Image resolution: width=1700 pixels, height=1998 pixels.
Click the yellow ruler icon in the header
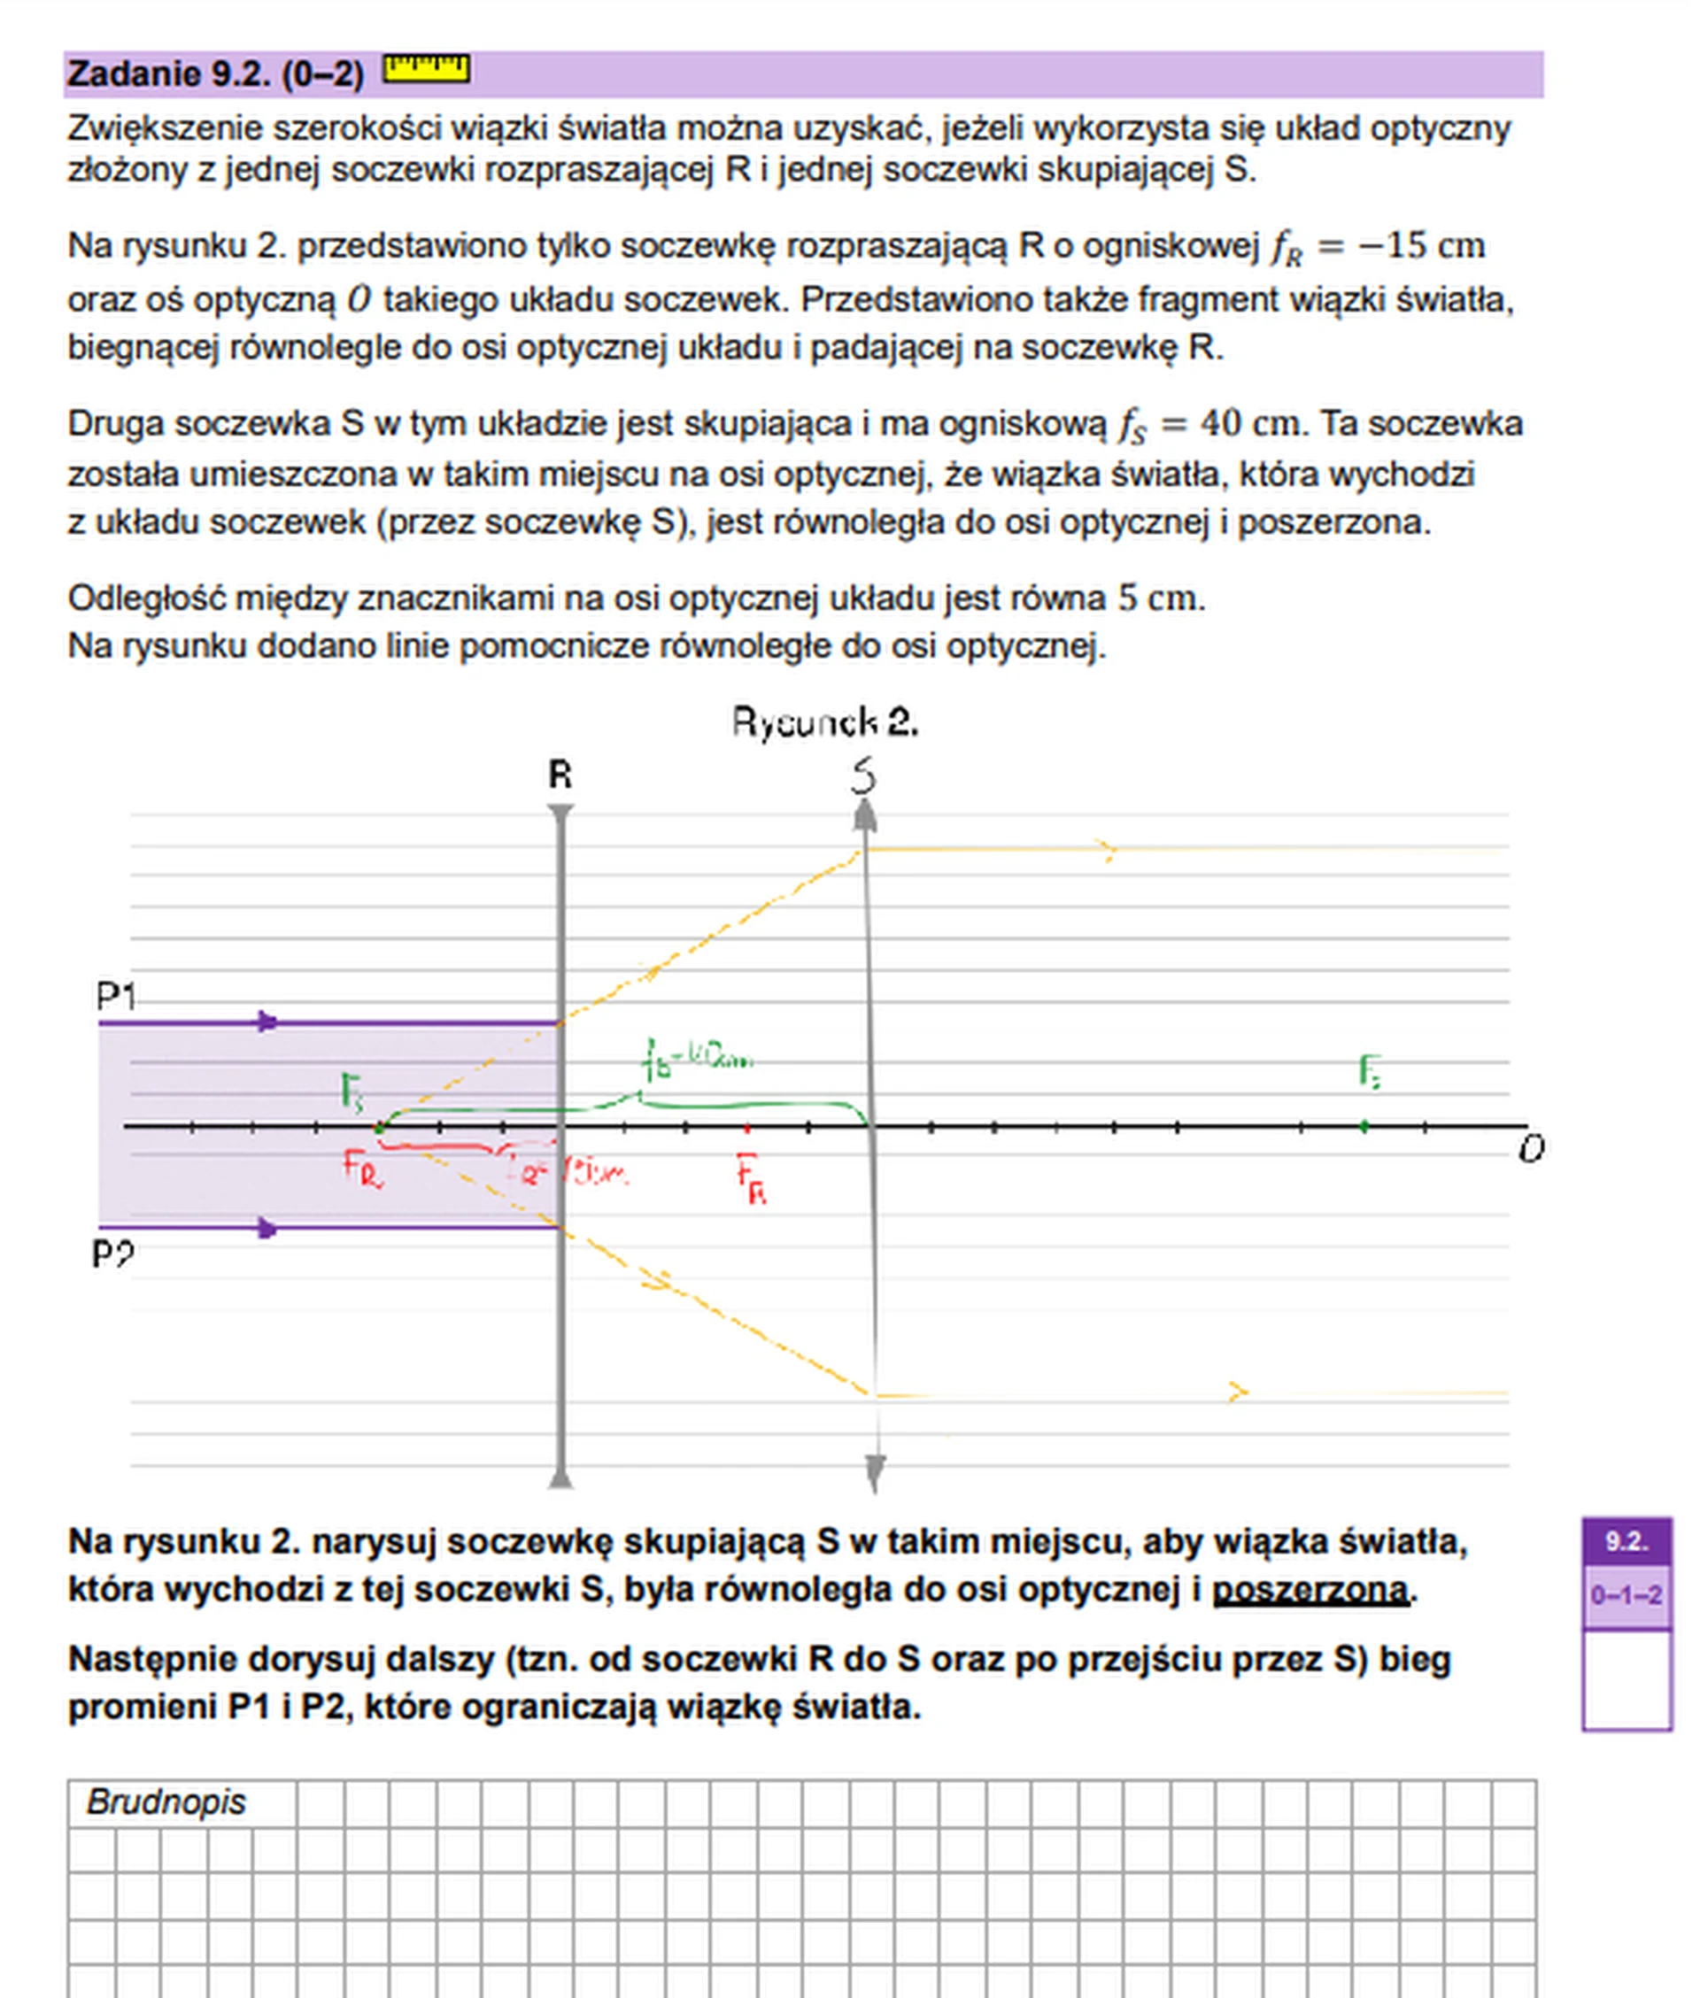[426, 69]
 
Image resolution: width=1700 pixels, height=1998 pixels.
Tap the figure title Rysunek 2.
[824, 721]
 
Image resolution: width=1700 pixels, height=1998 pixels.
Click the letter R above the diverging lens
[560, 775]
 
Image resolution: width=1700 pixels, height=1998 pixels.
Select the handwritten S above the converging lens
[863, 775]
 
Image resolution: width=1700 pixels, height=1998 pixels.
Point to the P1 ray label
[115, 995]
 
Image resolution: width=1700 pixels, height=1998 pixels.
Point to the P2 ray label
[112, 1254]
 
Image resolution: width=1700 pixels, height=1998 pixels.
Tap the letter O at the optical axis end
[1530, 1148]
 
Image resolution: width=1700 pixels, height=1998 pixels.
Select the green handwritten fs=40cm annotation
[697, 1061]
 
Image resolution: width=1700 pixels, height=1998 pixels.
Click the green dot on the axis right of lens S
[1364, 1125]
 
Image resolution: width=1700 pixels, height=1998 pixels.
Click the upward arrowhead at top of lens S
[865, 816]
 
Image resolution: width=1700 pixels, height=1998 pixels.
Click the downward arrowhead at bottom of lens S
[874, 1471]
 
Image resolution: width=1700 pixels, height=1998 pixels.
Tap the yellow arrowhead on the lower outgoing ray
[1239, 1392]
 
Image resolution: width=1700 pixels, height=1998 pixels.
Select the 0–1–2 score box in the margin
[1626, 1595]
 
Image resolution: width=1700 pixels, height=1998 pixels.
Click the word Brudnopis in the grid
[166, 1801]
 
